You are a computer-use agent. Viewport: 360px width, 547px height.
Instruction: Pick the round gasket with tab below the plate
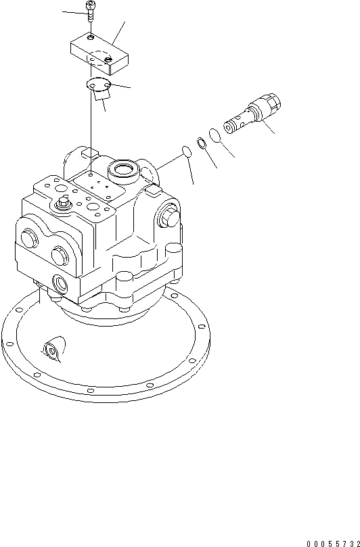[100, 86]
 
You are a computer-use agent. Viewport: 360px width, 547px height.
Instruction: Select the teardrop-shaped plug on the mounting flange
[51, 350]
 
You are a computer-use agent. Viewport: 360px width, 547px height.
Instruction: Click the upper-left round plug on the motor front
[31, 238]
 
